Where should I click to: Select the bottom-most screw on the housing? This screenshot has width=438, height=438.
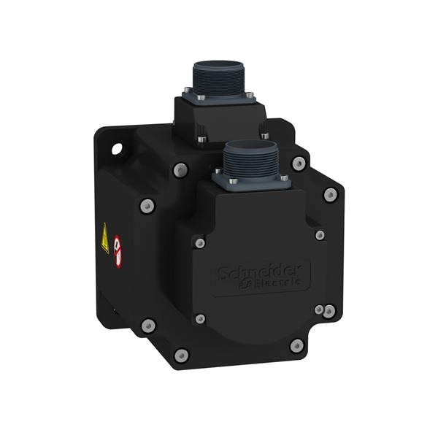[181, 356]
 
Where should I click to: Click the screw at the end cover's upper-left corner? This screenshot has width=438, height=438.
[199, 242]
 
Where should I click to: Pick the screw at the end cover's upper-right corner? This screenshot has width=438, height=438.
[319, 235]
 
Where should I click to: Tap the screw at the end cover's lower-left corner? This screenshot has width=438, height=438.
[200, 319]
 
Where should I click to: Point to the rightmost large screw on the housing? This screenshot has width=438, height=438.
[331, 194]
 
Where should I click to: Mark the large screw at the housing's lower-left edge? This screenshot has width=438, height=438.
[148, 325]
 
